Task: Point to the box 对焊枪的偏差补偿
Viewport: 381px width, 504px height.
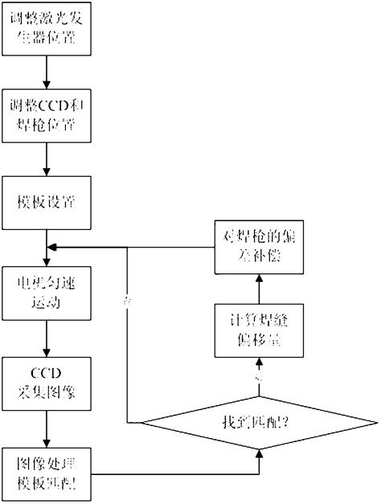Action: pos(259,248)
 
